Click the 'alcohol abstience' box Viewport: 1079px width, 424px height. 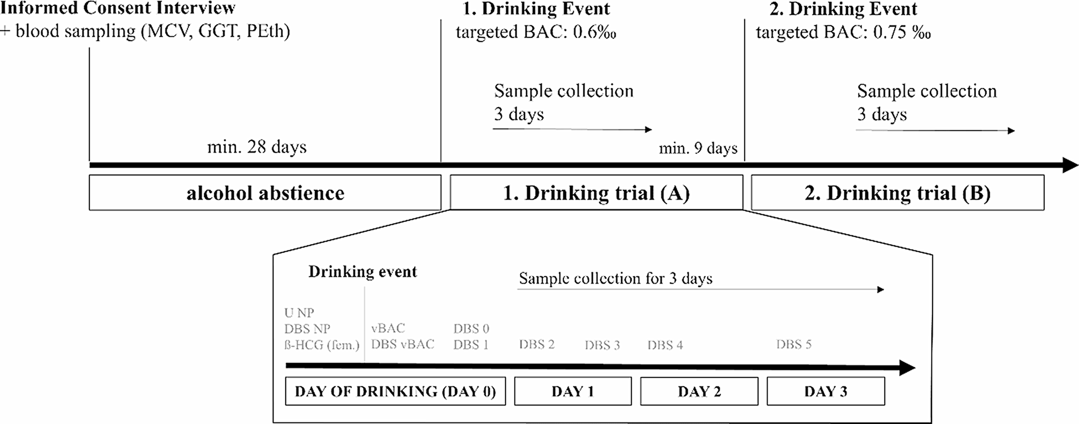[265, 193]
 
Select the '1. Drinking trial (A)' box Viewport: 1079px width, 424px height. [596, 193]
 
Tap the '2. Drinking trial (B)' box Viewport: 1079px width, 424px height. [897, 193]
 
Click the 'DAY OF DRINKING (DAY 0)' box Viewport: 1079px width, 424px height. [395, 391]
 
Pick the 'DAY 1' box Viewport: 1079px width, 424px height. [572, 391]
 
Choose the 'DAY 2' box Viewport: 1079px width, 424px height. [699, 391]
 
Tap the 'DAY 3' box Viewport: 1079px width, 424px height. [825, 391]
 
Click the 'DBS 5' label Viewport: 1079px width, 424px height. [793, 345]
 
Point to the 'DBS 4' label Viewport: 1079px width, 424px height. [665, 345]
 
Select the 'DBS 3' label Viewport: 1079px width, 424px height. [602, 345]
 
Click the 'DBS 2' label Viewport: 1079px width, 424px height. [537, 345]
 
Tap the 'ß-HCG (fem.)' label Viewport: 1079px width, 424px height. [322, 345]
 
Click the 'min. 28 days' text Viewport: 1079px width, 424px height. [257, 147]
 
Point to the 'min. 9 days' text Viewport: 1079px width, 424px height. [698, 149]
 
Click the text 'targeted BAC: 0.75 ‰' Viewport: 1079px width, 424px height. [843, 33]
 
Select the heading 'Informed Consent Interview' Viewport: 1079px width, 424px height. [118, 8]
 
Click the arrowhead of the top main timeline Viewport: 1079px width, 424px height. [1070, 165]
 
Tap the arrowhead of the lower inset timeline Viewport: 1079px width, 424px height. [907, 367]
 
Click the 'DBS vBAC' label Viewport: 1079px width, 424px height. [403, 345]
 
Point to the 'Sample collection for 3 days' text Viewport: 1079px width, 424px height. [615, 278]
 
